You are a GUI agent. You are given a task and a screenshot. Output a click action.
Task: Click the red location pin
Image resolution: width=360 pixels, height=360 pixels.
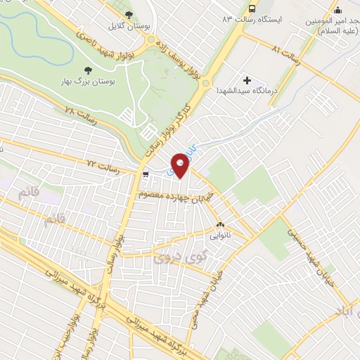click(x=181, y=165)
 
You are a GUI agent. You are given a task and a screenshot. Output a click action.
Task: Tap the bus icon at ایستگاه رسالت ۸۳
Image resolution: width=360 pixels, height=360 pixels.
click(x=252, y=9)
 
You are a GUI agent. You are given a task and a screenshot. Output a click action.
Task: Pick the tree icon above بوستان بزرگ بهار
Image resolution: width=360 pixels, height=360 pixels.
click(x=87, y=70)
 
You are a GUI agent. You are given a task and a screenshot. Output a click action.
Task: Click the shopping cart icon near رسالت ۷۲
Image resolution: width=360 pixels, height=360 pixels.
click(x=145, y=174)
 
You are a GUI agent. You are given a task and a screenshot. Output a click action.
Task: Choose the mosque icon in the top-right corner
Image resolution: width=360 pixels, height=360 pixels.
click(x=338, y=10)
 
